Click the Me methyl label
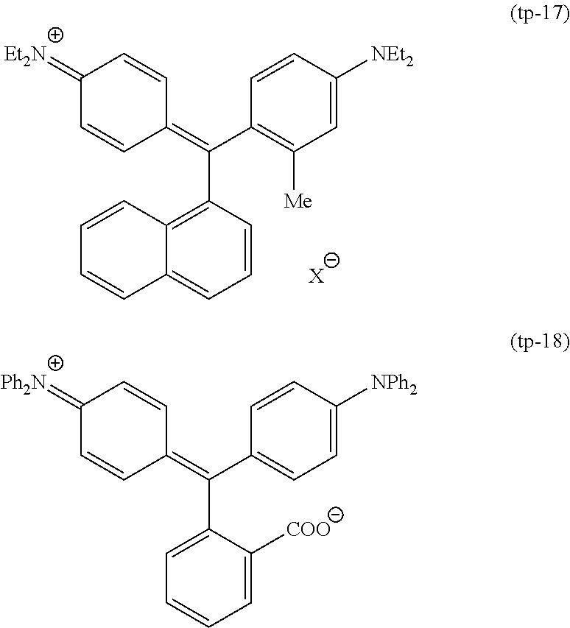click(x=298, y=200)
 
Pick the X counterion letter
click(x=315, y=276)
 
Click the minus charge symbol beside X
click(x=332, y=261)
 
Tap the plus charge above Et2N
click(x=55, y=34)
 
